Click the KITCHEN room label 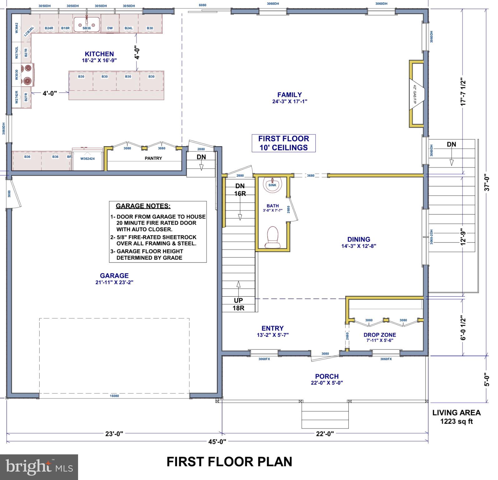coord(99,54)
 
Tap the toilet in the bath coord(272,237)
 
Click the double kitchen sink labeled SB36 coord(86,24)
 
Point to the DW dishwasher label coord(110,28)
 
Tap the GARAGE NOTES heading coord(143,206)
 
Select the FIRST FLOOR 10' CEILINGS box coord(284,143)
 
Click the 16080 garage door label coord(114,396)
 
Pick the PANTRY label coord(153,158)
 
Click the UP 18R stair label coord(238,304)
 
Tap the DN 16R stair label coord(240,190)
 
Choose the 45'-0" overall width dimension coord(217,441)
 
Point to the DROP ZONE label coord(380,335)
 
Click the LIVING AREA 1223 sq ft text coord(456,417)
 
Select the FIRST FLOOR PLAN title coord(229,462)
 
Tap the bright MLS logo coord(39,467)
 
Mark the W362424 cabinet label coord(87,158)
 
